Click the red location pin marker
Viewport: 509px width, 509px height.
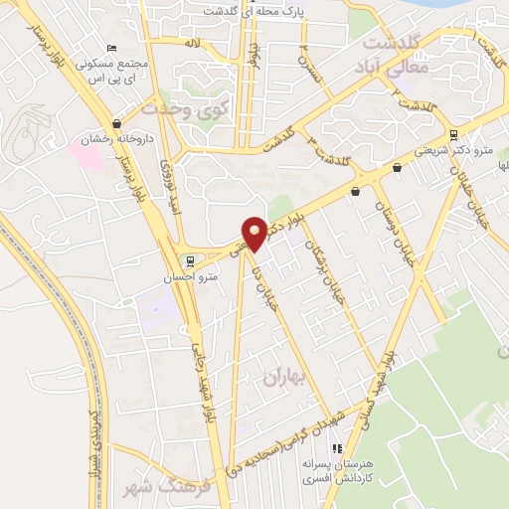[x=254, y=233]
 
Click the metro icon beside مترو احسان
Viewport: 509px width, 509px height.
[x=190, y=261]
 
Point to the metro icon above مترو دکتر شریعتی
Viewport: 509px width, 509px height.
[x=454, y=134]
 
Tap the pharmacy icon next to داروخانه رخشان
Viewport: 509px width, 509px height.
[x=118, y=124]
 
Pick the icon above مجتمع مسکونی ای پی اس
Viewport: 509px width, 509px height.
[x=111, y=49]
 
